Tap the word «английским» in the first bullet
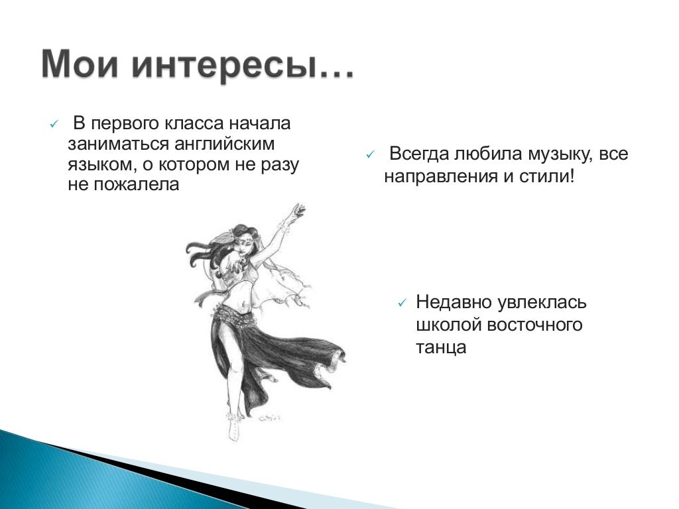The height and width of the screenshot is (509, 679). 224,144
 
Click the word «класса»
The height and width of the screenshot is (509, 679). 194,123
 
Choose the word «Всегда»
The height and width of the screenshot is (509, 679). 419,154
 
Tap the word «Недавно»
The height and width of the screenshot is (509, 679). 454,302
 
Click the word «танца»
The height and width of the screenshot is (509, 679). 441,347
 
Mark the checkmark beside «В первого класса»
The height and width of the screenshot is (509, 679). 54,125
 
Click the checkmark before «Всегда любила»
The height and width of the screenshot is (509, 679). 370,155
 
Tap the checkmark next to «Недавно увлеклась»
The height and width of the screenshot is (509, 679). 402,303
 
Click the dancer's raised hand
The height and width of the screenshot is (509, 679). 298,211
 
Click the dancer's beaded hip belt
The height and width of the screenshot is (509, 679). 234,313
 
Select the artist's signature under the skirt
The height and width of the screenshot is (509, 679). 271,418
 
